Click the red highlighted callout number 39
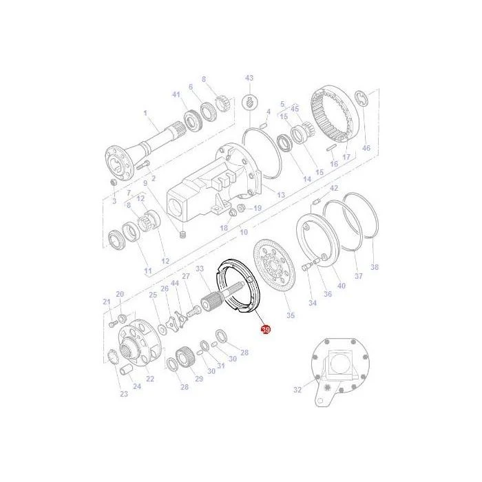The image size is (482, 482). (x=265, y=330)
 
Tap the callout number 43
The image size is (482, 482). (x=249, y=78)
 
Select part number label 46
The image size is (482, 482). (x=366, y=148)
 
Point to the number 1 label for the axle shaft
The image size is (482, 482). (x=145, y=113)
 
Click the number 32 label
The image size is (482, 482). (x=297, y=390)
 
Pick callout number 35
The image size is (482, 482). (x=291, y=315)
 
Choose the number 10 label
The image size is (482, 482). (x=244, y=232)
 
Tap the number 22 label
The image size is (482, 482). (x=150, y=379)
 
